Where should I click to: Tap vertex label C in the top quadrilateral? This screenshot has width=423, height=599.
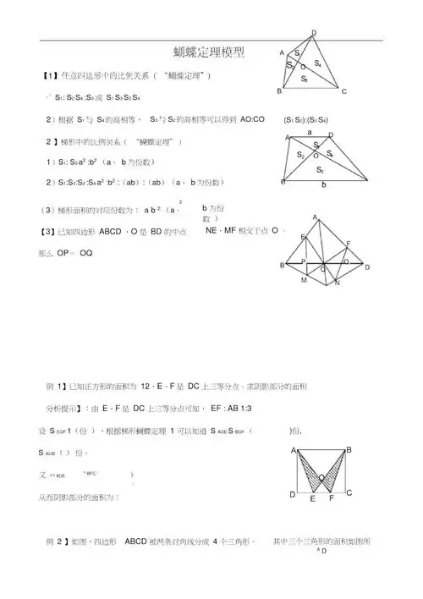click(x=344, y=91)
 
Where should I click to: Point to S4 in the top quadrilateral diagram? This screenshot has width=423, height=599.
click(x=317, y=63)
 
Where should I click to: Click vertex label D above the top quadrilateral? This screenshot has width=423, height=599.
click(x=315, y=32)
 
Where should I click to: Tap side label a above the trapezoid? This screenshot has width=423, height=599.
click(x=310, y=132)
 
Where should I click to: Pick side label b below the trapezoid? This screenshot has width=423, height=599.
click(x=323, y=188)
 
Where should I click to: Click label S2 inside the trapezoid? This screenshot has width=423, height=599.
click(x=300, y=154)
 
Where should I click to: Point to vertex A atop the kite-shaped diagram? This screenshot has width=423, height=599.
click(x=315, y=217)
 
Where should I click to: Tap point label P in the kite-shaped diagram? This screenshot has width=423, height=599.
click(x=303, y=262)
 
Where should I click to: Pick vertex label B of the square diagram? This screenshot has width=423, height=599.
click(x=349, y=449)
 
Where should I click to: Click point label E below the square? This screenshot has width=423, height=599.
click(x=312, y=500)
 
